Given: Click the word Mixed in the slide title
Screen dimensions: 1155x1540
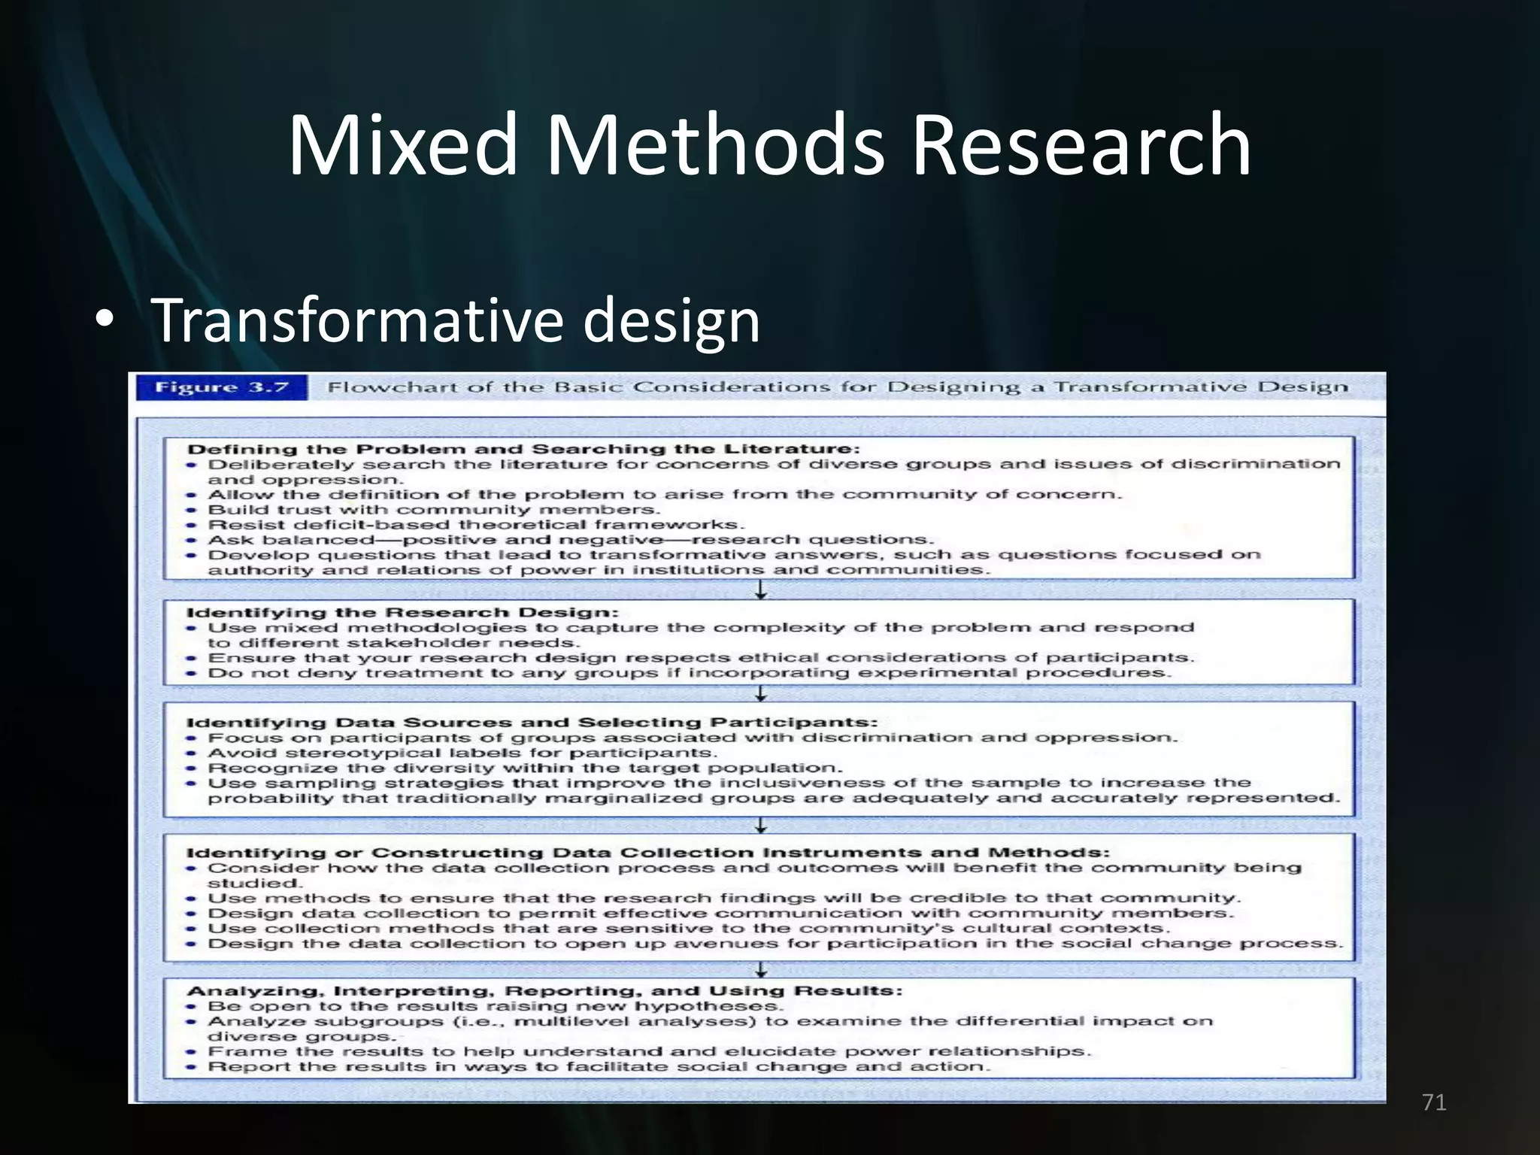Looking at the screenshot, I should pyautogui.click(x=403, y=144).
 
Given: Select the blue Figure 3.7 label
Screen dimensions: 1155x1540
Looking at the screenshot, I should pyautogui.click(x=222, y=387).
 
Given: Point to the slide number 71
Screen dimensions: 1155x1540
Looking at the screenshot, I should pyautogui.click(x=1434, y=1103).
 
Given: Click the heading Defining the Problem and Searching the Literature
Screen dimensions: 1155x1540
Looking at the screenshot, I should pyautogui.click(x=523, y=450).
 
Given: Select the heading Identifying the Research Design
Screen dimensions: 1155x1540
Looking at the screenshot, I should pyautogui.click(x=402, y=613).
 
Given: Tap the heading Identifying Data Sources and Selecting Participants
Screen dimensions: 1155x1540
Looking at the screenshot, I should pyautogui.click(x=532, y=723).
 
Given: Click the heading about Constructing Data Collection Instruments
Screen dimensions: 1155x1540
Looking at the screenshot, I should pyautogui.click(x=647, y=853).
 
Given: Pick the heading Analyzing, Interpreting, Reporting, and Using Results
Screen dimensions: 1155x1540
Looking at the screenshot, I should pyautogui.click(x=544, y=991).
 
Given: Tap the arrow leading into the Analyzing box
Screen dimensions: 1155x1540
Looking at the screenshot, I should pyautogui.click(x=761, y=969).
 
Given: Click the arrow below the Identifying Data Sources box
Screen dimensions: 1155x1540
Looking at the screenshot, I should pyautogui.click(x=761, y=826).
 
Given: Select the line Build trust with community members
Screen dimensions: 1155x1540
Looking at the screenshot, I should pyautogui.click(x=434, y=510).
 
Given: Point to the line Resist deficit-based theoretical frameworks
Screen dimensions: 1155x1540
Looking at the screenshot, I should pyautogui.click(x=476, y=525).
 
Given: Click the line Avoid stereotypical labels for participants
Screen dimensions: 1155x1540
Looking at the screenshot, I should pyautogui.click(x=462, y=753).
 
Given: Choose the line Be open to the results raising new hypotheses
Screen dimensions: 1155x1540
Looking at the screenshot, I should pyautogui.click(x=496, y=1006).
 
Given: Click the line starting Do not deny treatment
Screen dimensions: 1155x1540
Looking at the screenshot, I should pyautogui.click(x=690, y=673).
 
